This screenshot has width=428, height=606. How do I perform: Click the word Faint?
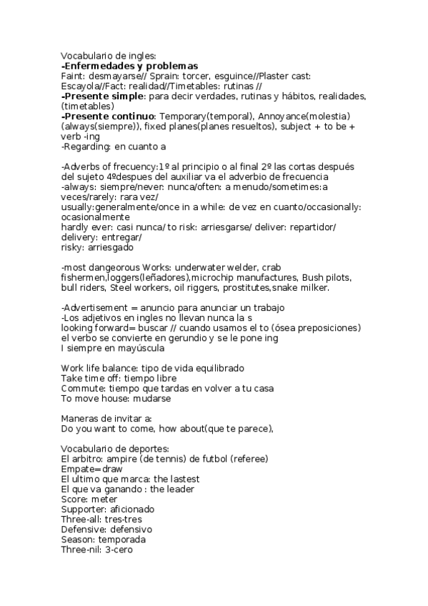72,76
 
